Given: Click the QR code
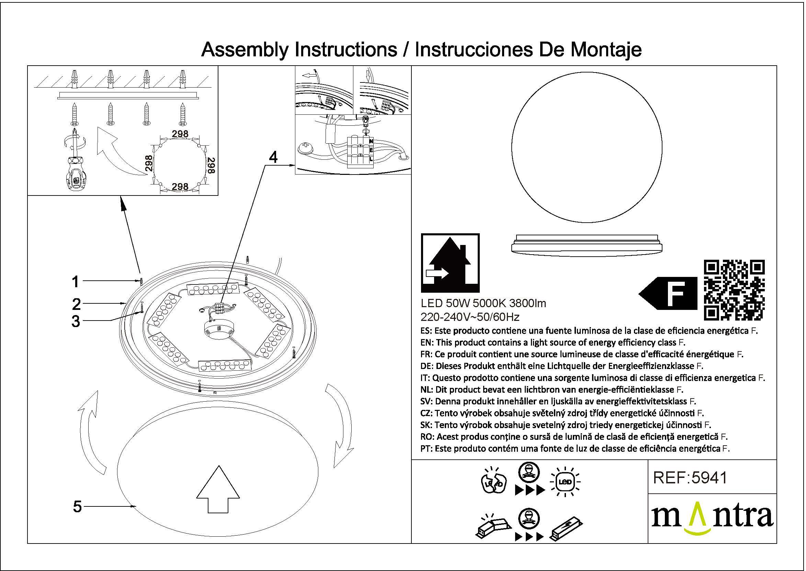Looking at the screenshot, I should (x=734, y=290).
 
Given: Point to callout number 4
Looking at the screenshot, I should (x=273, y=157).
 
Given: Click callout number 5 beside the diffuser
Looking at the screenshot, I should (x=77, y=507).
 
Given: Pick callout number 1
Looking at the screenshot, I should (x=75, y=282).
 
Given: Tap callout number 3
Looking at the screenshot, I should (x=76, y=321).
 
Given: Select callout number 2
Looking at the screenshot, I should (x=76, y=304).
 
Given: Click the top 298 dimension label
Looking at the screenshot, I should (x=180, y=134).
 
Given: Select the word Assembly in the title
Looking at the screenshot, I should (x=245, y=49).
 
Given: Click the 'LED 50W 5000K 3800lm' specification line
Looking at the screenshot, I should (x=483, y=303).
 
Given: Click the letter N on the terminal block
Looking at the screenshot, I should (x=371, y=141).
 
